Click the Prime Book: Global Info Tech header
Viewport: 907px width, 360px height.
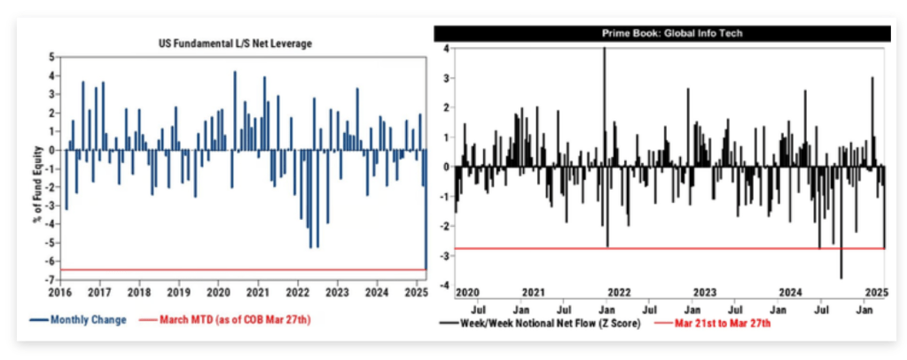pyautogui.click(x=661, y=33)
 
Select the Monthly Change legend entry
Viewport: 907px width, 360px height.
pyautogui.click(x=88, y=319)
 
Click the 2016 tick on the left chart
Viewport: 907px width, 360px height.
pyautogui.click(x=59, y=291)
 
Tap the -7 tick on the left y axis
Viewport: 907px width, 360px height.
pyautogui.click(x=51, y=279)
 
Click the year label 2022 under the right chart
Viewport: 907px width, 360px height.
pyautogui.click(x=617, y=292)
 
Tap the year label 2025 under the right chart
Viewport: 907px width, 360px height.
pyautogui.click(x=876, y=292)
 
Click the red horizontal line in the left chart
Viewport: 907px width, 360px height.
pyautogui.click(x=239, y=270)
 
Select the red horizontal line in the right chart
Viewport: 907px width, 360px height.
pyautogui.click(x=665, y=248)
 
